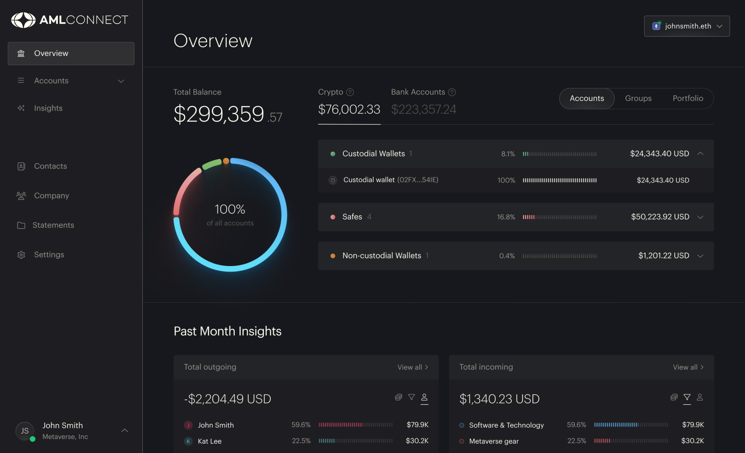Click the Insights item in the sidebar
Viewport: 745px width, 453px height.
[x=48, y=108]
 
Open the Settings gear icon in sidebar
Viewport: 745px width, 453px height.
[x=21, y=255]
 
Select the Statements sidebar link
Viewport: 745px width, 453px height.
[x=53, y=225]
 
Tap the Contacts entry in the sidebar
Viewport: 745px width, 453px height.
[x=50, y=166]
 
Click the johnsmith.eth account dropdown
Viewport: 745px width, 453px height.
[x=687, y=26]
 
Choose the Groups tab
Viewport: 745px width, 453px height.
[x=638, y=98]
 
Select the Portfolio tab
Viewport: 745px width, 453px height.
[x=688, y=98]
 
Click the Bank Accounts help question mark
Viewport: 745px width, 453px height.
[x=452, y=92]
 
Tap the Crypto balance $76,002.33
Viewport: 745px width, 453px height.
[x=349, y=109]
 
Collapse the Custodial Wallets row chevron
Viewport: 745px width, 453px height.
[x=700, y=154]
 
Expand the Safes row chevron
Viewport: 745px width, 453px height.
[x=700, y=217]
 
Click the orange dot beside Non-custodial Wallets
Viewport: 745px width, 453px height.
[x=333, y=256]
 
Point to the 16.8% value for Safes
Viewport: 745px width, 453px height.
[x=506, y=217]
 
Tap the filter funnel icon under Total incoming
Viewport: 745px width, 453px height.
[x=687, y=397]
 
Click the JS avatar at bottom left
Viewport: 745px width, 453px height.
[x=25, y=431]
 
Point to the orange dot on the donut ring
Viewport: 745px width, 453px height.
[x=226, y=161]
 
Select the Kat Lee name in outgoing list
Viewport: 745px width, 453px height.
[x=210, y=441]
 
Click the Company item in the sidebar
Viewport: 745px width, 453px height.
[x=52, y=196]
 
